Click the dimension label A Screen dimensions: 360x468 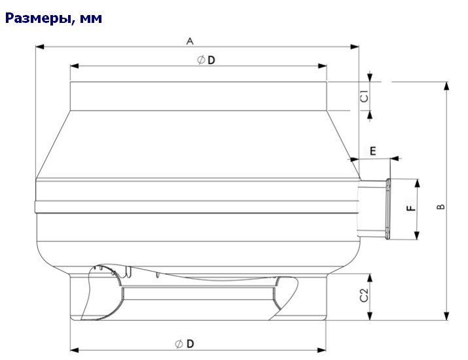point(190,41)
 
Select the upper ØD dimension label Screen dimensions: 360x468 point(206,60)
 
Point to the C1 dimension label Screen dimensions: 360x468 point(365,96)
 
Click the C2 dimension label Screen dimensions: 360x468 point(365,296)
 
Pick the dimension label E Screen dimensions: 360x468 point(373,151)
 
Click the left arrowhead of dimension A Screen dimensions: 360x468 point(39,47)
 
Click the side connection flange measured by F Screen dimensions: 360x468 point(387,209)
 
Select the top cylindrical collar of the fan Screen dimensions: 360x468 point(198,96)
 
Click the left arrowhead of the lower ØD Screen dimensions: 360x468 point(74,350)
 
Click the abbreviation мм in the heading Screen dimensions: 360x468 point(92,18)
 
